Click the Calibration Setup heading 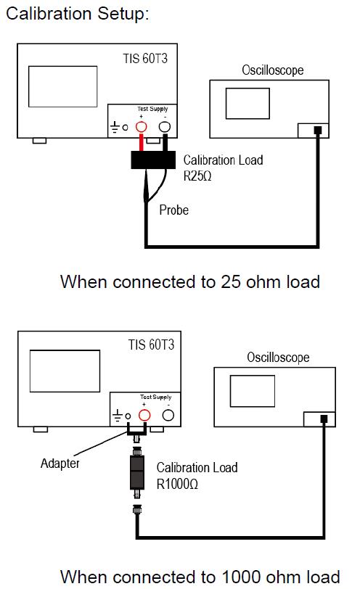click(x=78, y=14)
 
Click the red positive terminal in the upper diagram click(x=141, y=127)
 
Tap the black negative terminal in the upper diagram click(x=165, y=127)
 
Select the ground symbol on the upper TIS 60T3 click(x=115, y=128)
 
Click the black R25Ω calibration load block click(x=153, y=160)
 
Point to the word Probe click(x=174, y=210)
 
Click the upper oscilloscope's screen click(x=247, y=103)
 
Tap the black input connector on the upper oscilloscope click(x=318, y=131)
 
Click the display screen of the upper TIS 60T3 click(x=62, y=86)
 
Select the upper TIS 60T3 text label click(x=145, y=58)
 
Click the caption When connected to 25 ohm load click(x=190, y=281)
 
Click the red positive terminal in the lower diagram click(x=144, y=415)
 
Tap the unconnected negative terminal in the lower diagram click(x=168, y=415)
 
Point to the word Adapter click(x=60, y=464)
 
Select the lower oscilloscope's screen click(x=252, y=391)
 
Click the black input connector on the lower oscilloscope click(x=324, y=419)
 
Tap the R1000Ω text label click(x=177, y=484)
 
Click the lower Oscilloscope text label click(x=278, y=357)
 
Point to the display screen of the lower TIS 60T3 click(x=65, y=371)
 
